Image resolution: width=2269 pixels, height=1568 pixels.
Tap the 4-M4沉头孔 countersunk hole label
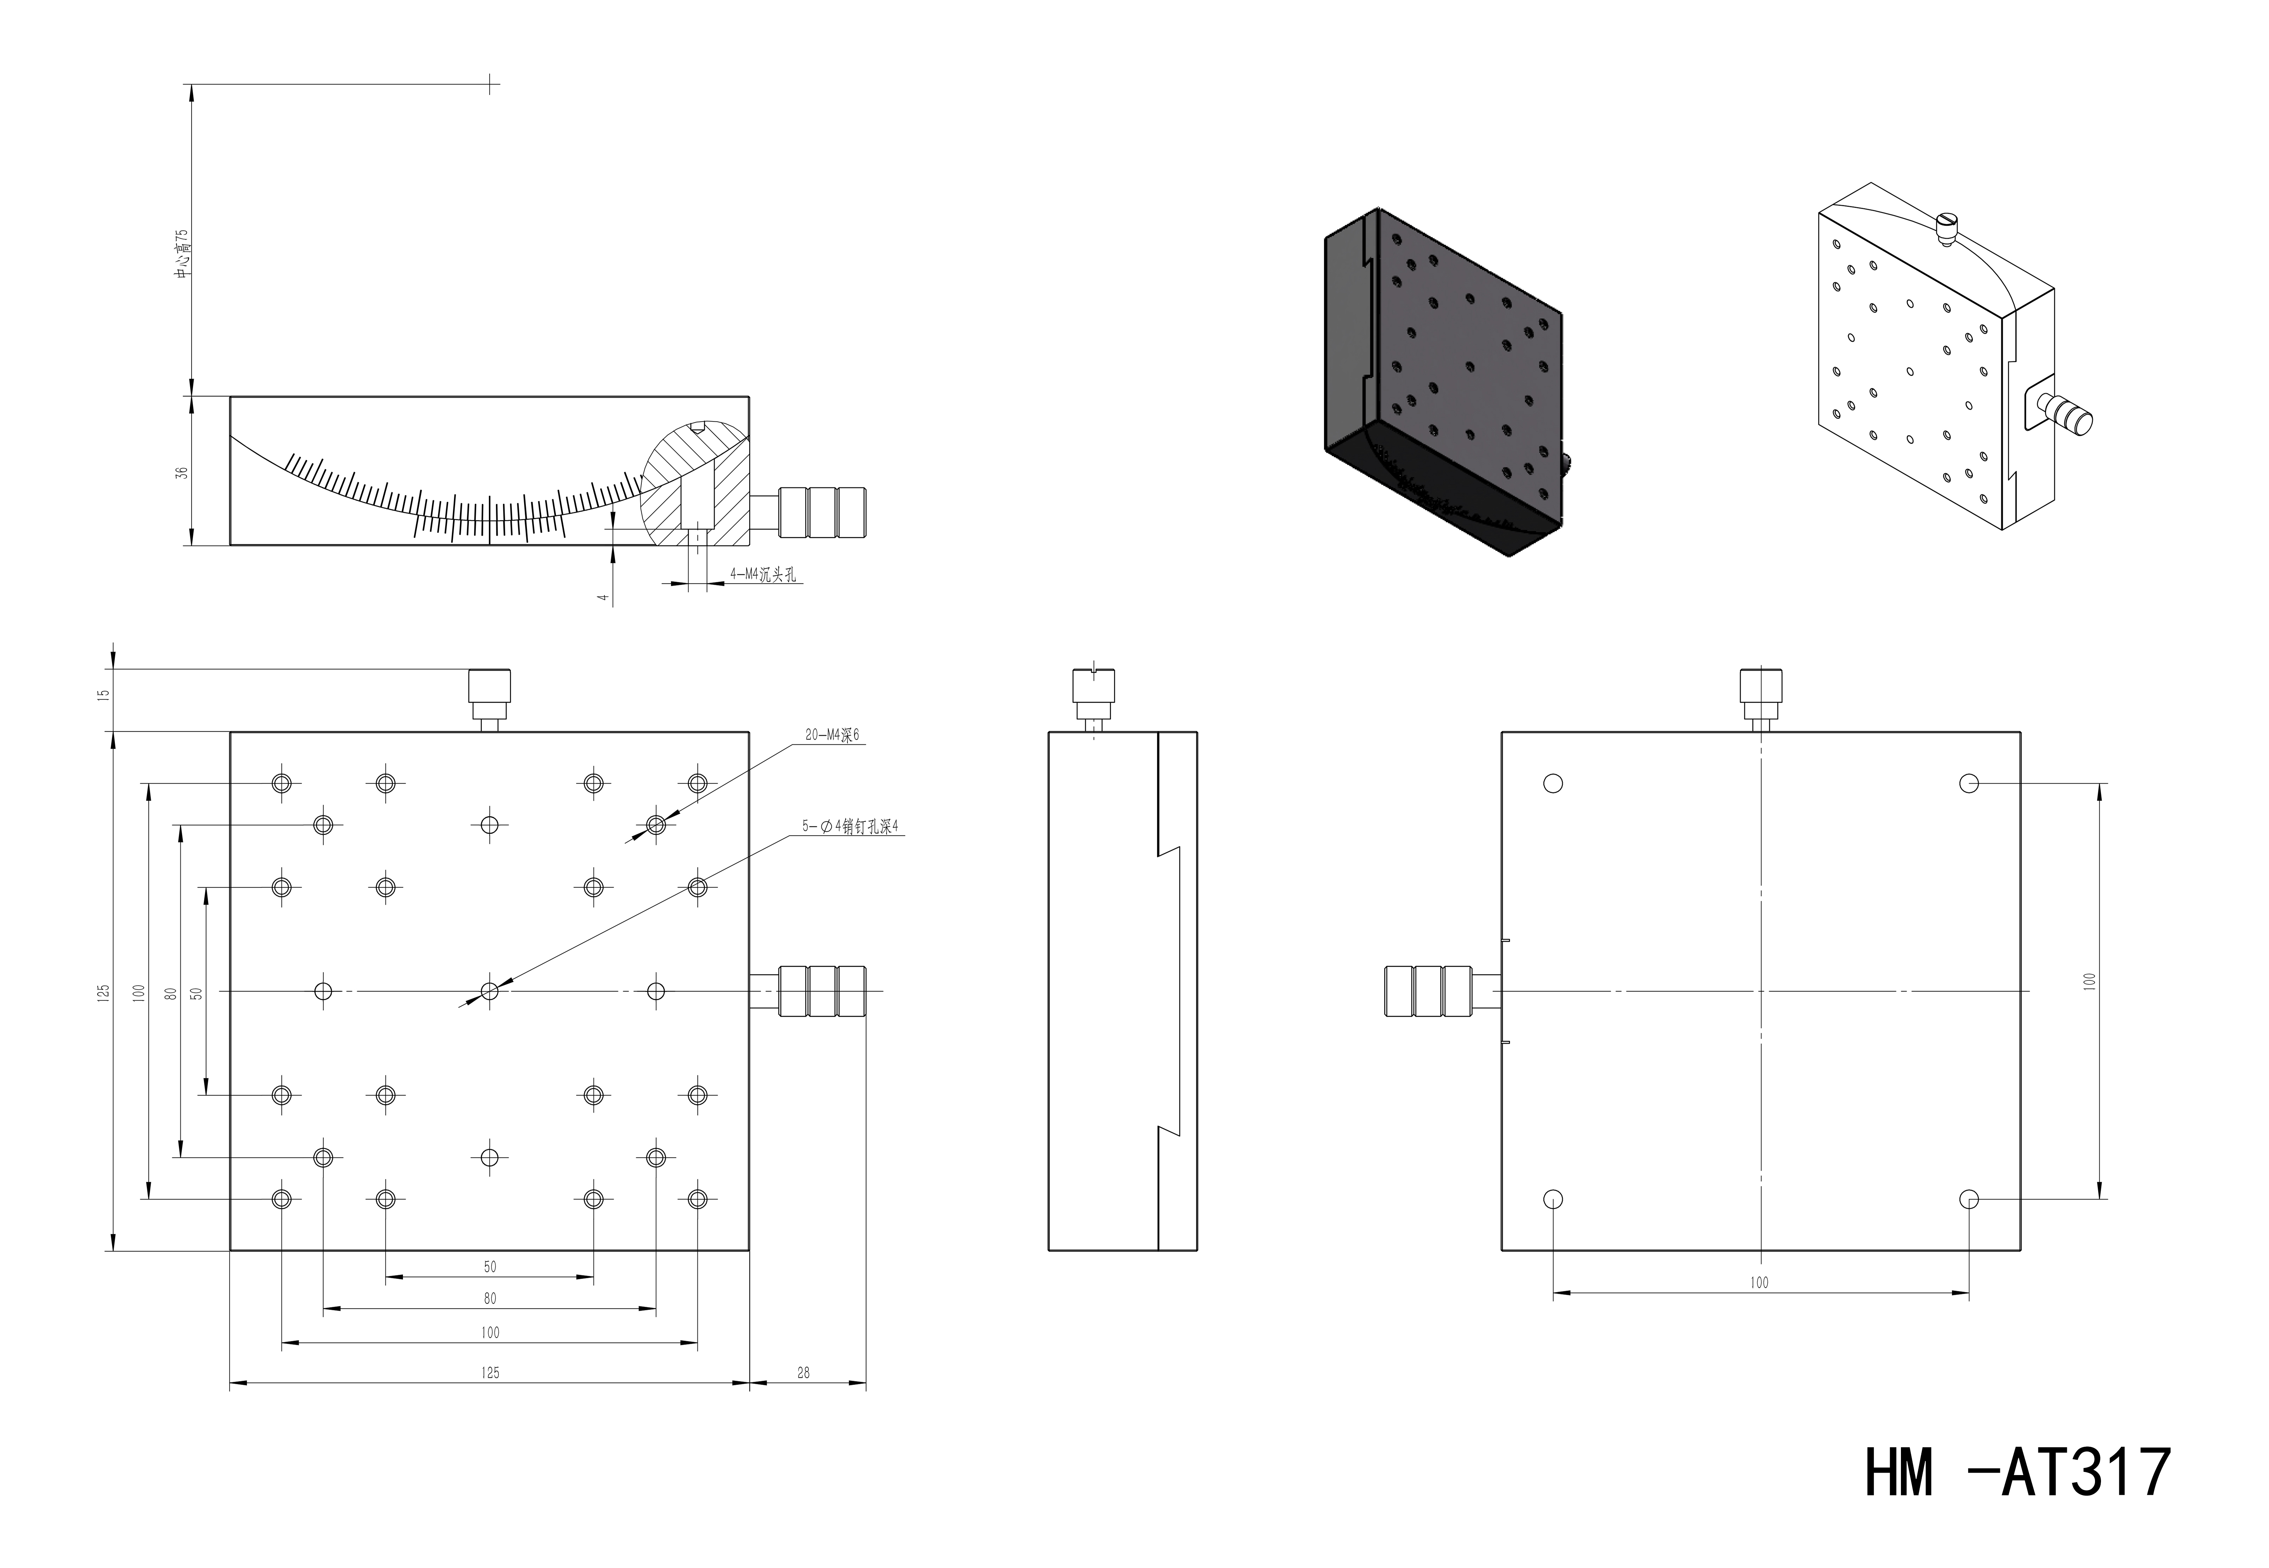point(763,575)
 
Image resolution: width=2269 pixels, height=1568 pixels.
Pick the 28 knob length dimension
point(804,1373)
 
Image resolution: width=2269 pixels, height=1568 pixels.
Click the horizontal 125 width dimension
point(490,1373)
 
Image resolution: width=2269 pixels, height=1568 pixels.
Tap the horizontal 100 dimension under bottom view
point(1759,1282)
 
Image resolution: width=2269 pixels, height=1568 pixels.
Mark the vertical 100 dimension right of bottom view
point(2089,980)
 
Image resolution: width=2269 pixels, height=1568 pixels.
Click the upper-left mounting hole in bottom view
point(1554,783)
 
